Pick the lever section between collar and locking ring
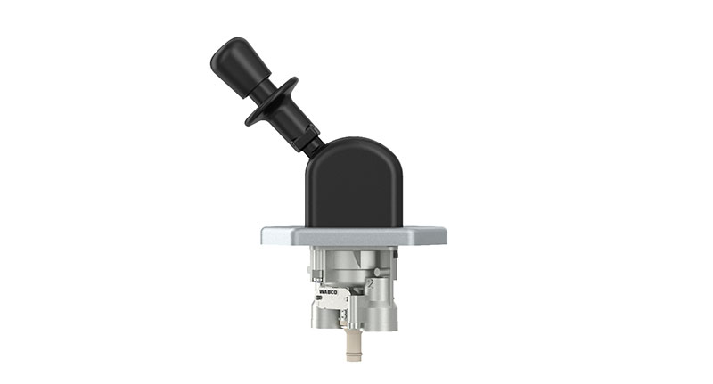pyautogui.click(x=294, y=121)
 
